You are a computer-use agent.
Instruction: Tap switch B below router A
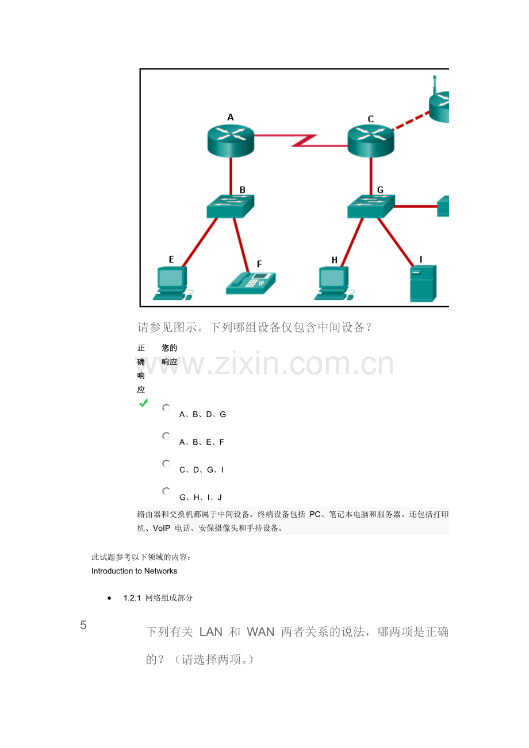(x=230, y=206)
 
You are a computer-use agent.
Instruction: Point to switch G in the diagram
(x=371, y=206)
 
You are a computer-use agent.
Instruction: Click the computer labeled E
(x=172, y=283)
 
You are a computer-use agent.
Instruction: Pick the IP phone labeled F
(x=251, y=283)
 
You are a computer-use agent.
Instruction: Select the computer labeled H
(x=334, y=283)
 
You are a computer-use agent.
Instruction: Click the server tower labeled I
(x=423, y=283)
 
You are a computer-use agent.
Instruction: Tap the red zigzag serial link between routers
(x=301, y=141)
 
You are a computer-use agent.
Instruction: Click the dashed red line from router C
(x=411, y=121)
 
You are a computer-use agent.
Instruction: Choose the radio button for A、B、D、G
(x=166, y=408)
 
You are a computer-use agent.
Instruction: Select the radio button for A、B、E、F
(x=166, y=436)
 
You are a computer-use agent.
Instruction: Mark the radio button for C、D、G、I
(x=166, y=464)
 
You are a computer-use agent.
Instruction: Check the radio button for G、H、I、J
(x=166, y=491)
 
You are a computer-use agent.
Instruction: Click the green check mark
(x=144, y=403)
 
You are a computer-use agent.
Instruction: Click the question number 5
(x=83, y=625)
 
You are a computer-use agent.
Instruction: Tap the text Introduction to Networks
(x=135, y=571)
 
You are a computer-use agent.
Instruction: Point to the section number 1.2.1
(x=132, y=597)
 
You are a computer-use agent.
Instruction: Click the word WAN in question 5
(x=260, y=632)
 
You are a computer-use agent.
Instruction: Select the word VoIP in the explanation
(x=162, y=528)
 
